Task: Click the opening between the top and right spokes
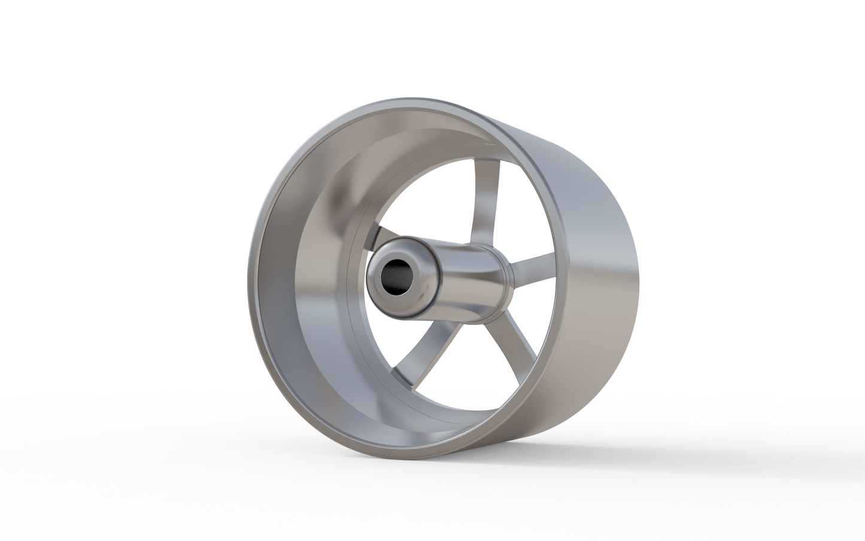point(521,221)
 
